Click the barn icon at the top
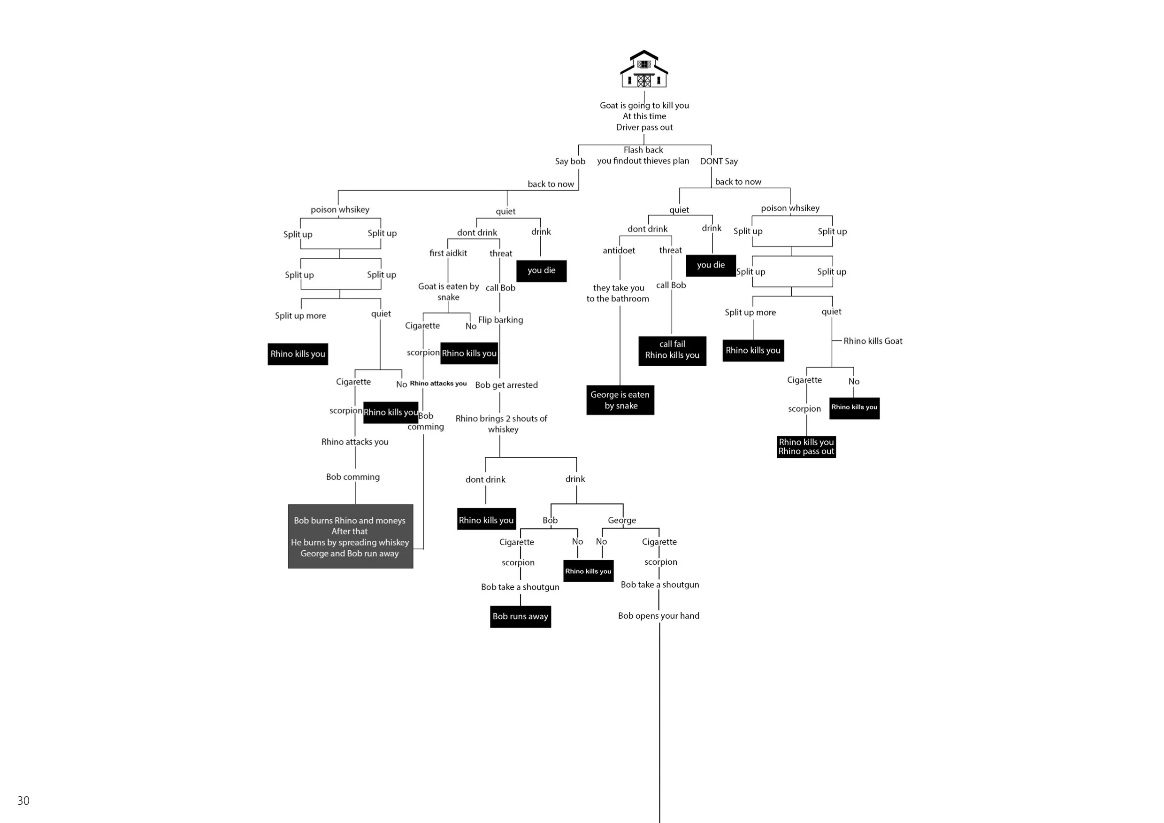tap(644, 69)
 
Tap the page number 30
tap(23, 800)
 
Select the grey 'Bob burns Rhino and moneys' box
tap(350, 536)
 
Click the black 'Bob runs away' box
tap(520, 616)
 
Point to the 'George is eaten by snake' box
tap(620, 400)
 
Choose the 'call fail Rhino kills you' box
tap(672, 350)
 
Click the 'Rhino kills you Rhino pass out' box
tap(806, 447)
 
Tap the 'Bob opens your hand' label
tap(659, 615)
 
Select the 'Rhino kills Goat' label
tap(873, 341)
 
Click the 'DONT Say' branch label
tap(719, 161)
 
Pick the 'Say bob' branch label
tap(570, 161)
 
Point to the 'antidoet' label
tap(619, 251)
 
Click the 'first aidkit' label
tap(448, 253)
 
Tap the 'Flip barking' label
tap(500, 320)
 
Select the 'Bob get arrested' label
tap(506, 385)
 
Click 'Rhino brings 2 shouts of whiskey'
tap(501, 424)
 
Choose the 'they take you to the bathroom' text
tap(618, 293)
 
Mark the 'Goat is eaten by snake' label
tap(449, 292)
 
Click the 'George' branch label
tap(621, 520)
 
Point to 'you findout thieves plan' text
tap(643, 161)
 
